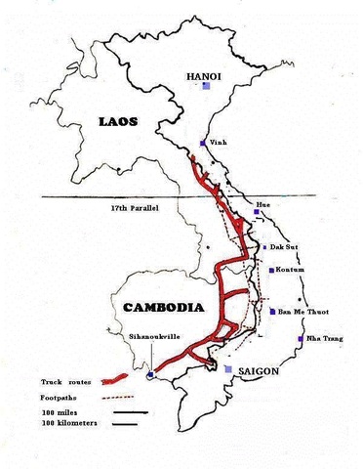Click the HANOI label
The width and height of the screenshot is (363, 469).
point(207,74)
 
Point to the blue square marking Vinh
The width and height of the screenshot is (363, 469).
point(202,143)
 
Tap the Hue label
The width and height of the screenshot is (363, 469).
point(261,205)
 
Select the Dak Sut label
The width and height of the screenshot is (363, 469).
point(283,248)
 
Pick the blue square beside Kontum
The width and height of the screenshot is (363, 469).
point(270,270)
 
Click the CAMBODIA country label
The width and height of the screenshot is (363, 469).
point(164,307)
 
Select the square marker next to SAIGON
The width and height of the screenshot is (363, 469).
point(229,370)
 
